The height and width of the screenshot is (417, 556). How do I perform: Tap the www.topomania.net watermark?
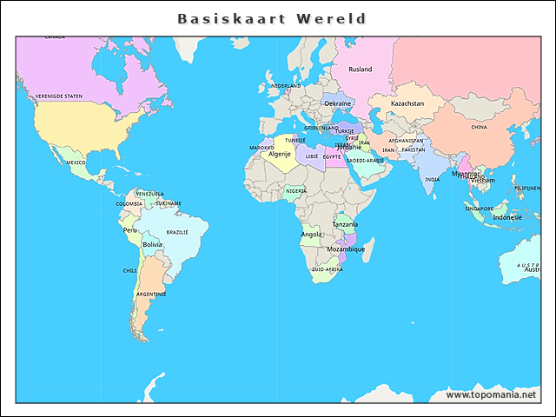pyautogui.click(x=491, y=395)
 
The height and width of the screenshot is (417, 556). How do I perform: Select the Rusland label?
pyautogui.click(x=360, y=69)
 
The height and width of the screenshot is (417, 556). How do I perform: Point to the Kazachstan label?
pyautogui.click(x=407, y=103)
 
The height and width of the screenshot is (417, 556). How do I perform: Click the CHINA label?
pyautogui.click(x=479, y=127)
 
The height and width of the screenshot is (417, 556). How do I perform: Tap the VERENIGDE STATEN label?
pyautogui.click(x=59, y=96)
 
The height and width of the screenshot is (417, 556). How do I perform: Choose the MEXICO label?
pyautogui.click(x=76, y=162)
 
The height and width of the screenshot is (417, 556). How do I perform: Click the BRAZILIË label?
pyautogui.click(x=177, y=233)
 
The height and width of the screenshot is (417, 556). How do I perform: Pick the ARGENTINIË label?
pyautogui.click(x=150, y=295)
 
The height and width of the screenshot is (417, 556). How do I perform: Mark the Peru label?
pyautogui.click(x=130, y=230)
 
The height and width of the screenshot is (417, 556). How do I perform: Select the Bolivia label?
pyautogui.click(x=152, y=245)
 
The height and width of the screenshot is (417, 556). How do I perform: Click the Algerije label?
pyautogui.click(x=280, y=154)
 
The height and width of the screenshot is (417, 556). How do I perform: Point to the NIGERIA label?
pyautogui.click(x=295, y=191)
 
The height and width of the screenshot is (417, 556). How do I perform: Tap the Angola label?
pyautogui.click(x=311, y=234)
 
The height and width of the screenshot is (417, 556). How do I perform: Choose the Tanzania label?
pyautogui.click(x=345, y=224)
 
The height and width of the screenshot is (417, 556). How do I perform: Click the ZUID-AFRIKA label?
pyautogui.click(x=327, y=269)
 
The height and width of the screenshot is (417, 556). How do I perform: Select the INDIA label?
pyautogui.click(x=432, y=180)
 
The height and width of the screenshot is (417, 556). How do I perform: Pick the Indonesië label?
pyautogui.click(x=507, y=217)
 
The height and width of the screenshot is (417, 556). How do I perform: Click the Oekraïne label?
pyautogui.click(x=338, y=103)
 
